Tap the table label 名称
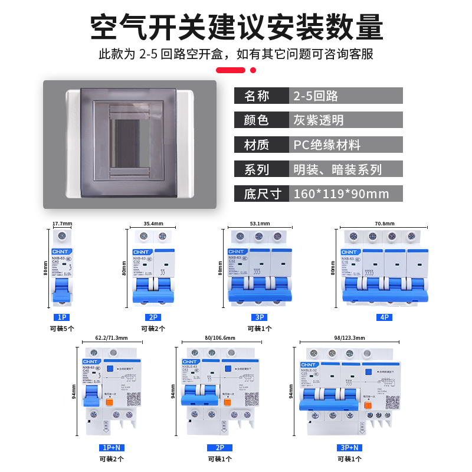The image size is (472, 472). (x=256, y=96)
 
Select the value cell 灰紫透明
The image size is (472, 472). (x=318, y=120)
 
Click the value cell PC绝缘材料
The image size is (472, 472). (x=327, y=145)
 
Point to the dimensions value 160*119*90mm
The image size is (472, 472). (x=341, y=194)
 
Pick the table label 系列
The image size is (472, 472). (x=256, y=170)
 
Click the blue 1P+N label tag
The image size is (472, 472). (x=111, y=447)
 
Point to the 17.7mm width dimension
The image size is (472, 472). (x=62, y=224)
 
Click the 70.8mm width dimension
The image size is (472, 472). (x=384, y=224)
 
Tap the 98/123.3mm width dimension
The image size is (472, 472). (x=349, y=338)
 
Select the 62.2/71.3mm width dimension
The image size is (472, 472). (x=111, y=338)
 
